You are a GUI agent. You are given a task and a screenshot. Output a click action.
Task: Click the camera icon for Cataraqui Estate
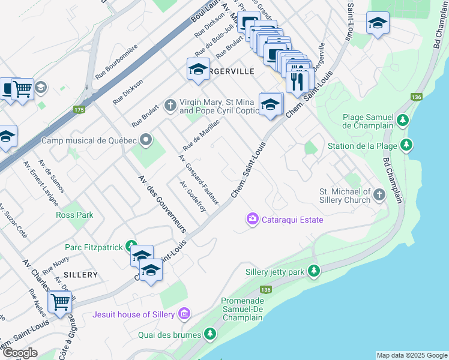point(252,220)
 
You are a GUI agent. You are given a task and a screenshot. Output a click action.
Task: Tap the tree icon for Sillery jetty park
point(313,271)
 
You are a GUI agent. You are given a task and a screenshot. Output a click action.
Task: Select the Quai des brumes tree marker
point(210,334)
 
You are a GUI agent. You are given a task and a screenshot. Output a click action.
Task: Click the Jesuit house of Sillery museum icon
point(184,314)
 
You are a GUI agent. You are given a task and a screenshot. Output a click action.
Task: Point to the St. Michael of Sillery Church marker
point(379,194)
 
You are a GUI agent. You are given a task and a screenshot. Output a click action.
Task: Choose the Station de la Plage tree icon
point(407,145)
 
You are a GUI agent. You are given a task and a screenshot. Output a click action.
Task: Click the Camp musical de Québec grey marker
point(145,140)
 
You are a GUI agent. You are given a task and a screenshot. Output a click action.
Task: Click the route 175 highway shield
point(79,109)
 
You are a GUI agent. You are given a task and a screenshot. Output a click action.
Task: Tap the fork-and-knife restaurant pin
point(297,80)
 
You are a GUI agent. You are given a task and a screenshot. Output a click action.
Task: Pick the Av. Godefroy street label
point(193,196)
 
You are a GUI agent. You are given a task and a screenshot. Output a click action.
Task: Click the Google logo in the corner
point(20,353)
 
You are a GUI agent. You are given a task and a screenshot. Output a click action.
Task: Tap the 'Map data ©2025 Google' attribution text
point(411,355)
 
